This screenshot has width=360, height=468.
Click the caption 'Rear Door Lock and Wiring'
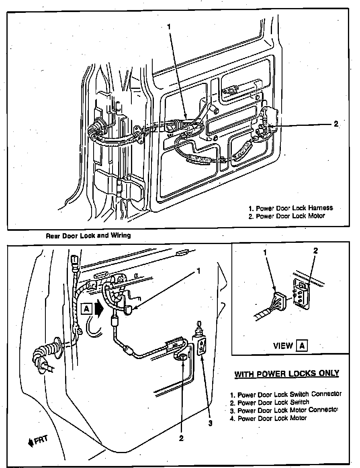88,235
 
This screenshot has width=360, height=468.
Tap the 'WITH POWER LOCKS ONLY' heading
287,374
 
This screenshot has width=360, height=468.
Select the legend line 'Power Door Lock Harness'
290,208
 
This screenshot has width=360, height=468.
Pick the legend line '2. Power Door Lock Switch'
270,402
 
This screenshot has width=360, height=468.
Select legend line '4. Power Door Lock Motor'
268,418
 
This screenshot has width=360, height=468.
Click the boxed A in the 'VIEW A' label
301,345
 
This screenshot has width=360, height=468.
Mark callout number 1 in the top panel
169,27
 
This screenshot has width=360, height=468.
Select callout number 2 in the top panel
336,124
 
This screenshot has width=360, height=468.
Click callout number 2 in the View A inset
315,250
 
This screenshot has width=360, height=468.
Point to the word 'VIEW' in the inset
283,346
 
